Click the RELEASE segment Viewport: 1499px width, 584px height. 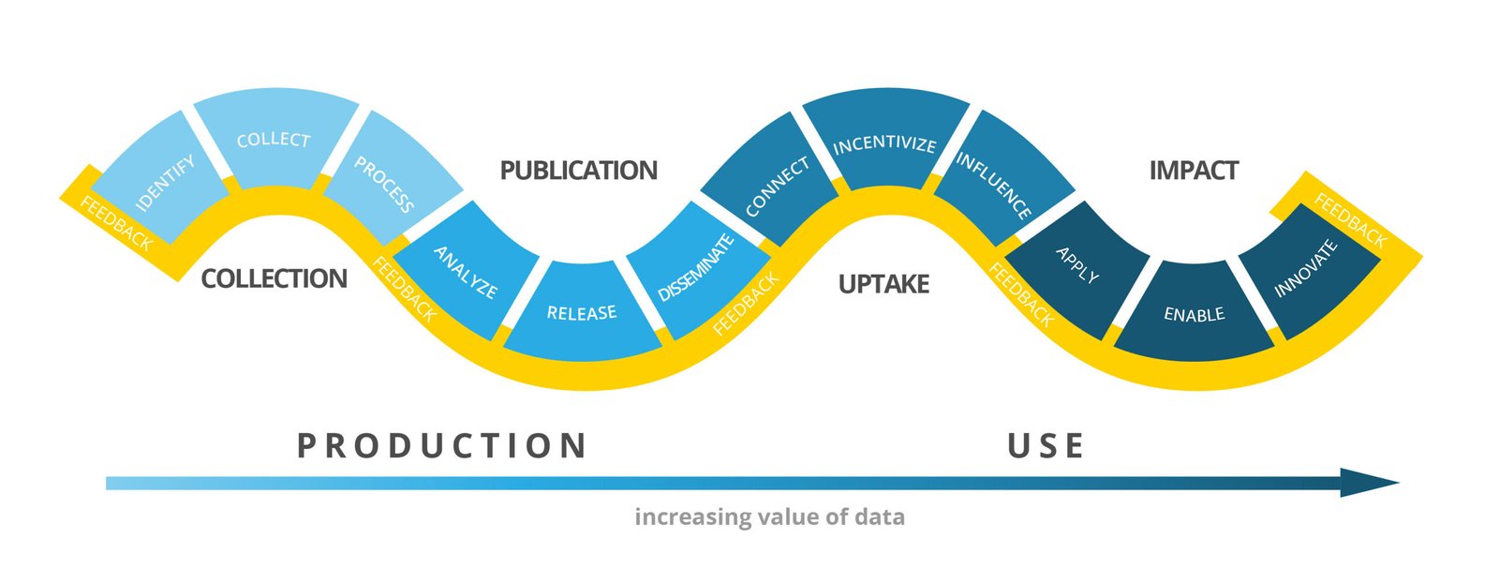(582, 312)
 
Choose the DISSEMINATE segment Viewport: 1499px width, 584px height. (696, 269)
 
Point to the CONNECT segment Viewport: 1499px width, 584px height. (774, 186)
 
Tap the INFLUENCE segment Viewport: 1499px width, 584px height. (996, 184)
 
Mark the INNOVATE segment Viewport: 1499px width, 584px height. (1307, 269)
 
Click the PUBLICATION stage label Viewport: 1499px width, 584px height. (578, 171)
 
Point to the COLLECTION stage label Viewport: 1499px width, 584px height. (274, 278)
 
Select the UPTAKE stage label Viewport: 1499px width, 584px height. (883, 284)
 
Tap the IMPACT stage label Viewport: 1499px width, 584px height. (1194, 171)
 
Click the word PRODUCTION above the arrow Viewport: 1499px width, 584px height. (442, 446)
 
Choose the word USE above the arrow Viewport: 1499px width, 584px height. (1046, 446)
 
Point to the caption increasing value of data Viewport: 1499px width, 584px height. (769, 517)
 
